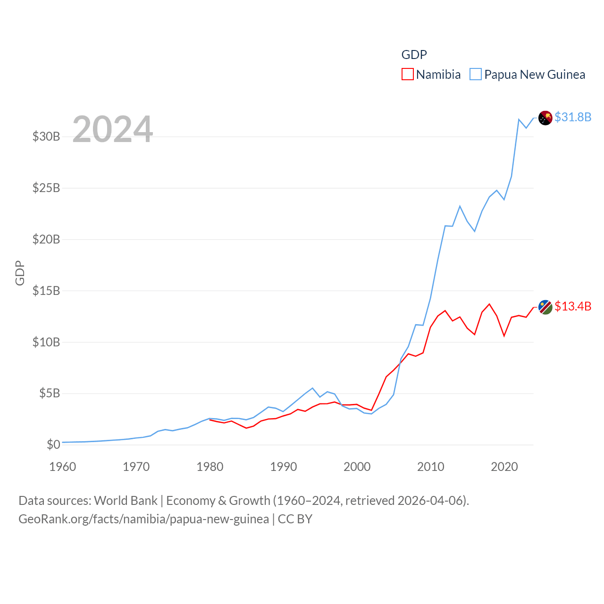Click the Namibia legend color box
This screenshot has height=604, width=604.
click(x=408, y=75)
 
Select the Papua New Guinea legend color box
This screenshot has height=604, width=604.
click(x=476, y=75)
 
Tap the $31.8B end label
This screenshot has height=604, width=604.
click(x=573, y=117)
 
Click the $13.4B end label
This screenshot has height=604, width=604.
click(x=573, y=306)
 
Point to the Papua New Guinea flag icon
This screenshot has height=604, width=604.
click(x=545, y=118)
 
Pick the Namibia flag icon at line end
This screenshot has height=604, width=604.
click(x=545, y=307)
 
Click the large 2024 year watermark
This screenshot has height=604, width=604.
click(x=112, y=129)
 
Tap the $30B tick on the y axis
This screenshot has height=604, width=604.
click(x=46, y=137)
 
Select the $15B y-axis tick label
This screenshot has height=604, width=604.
click(x=46, y=291)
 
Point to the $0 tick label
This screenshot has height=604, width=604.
click(x=53, y=445)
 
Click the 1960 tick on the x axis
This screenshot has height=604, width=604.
click(x=63, y=467)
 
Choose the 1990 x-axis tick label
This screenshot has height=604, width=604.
click(x=284, y=467)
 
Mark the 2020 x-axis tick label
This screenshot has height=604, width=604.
click(x=504, y=467)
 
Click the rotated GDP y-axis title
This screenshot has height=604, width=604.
click(x=20, y=273)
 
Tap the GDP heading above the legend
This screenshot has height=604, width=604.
click(x=414, y=55)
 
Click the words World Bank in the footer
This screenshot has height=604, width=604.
click(x=126, y=501)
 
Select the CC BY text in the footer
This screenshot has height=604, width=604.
click(x=295, y=519)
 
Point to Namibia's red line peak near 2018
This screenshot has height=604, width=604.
click(x=489, y=304)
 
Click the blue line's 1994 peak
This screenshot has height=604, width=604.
click(x=312, y=388)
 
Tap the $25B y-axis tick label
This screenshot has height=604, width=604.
click(x=46, y=188)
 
